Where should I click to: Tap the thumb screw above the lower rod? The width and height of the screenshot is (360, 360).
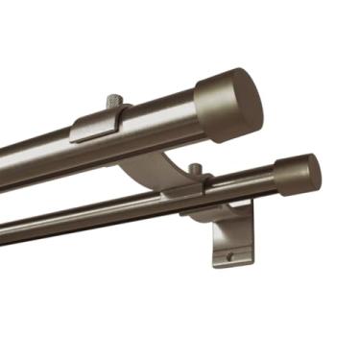click(x=196, y=170)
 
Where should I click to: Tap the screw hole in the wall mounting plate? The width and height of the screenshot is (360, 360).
click(x=230, y=255)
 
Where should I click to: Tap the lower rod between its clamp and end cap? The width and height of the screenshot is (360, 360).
click(x=245, y=185)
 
